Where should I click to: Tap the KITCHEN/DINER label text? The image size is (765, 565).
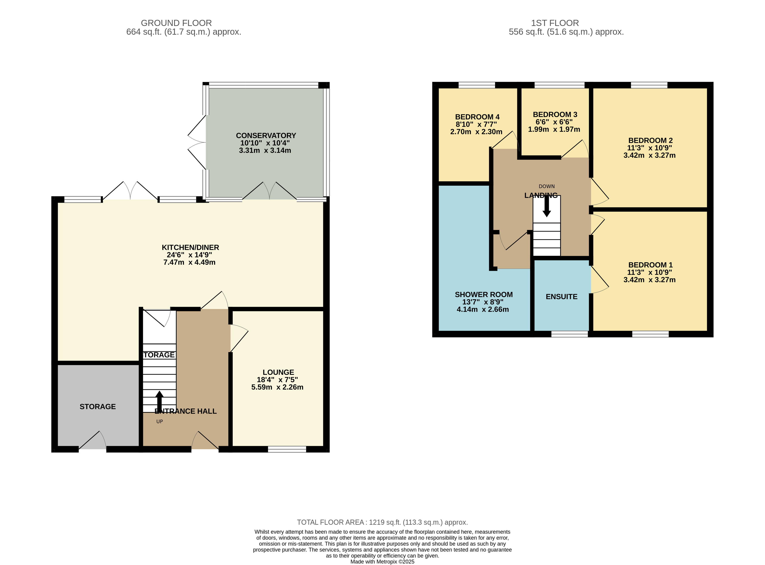click(190, 248)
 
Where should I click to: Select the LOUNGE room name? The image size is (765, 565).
click(278, 372)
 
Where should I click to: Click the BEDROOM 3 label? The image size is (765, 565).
click(555, 115)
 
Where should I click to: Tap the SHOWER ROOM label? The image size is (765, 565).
click(484, 295)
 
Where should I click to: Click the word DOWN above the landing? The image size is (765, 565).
click(546, 186)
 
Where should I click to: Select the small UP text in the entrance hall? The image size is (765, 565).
click(159, 422)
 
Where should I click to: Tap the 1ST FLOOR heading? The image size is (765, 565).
click(555, 23)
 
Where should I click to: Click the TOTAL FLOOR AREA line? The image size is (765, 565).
click(382, 522)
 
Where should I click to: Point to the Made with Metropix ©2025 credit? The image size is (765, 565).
click(382, 562)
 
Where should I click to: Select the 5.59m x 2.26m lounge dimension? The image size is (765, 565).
click(277, 387)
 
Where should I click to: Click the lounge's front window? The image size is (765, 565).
click(287, 449)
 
